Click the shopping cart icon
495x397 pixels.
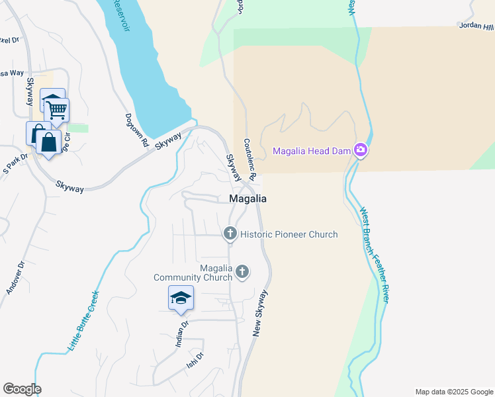tap(57, 110)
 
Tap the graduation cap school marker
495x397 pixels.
tap(181, 298)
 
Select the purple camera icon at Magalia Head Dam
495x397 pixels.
tap(361, 150)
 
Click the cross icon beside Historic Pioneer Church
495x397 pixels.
tap(230, 233)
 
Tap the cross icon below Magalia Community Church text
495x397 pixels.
tap(243, 271)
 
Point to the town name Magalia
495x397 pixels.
tap(248, 198)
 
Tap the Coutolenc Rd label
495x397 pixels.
tap(248, 159)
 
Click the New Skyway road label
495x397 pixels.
tap(261, 313)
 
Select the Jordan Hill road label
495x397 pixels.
tap(476, 27)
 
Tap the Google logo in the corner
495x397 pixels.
tap(22, 389)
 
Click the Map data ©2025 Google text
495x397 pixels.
tap(453, 392)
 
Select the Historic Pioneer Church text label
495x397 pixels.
tap(289, 234)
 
